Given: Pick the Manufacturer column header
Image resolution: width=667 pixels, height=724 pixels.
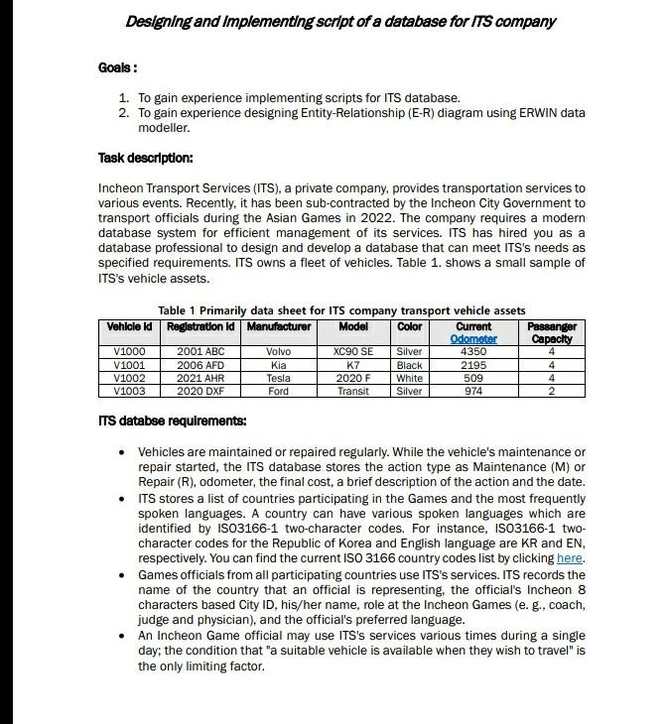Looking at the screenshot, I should [278, 326].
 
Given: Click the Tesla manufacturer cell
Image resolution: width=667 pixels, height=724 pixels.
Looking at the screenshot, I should [278, 378].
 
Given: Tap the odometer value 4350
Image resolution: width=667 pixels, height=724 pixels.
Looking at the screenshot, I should [473, 352].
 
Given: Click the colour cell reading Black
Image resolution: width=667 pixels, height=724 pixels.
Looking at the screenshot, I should [409, 365].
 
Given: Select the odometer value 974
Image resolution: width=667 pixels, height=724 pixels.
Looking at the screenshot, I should [473, 391].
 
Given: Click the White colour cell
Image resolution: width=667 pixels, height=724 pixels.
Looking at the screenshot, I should [409, 378].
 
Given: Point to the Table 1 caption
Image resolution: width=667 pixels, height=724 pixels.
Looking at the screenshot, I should [340, 310].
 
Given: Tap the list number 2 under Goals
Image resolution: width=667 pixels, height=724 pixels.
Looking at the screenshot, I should [123, 113].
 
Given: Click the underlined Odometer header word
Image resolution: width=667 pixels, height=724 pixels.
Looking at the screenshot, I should [473, 338].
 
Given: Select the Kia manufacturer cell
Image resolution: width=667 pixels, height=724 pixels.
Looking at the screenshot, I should [278, 365].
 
